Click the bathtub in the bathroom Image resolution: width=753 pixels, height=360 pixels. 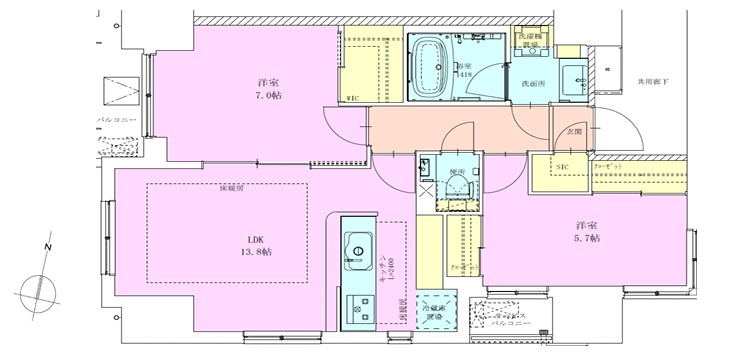coord(432,65)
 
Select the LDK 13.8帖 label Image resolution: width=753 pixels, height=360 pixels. coord(259,245)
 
